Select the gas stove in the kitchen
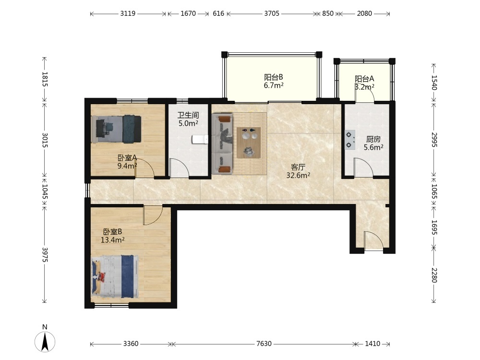coord(350,140)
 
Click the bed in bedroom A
coord(116,129)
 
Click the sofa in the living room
coord(222,144)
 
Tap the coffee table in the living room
coord(249,143)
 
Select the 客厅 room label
coord(298,167)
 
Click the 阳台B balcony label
coord(274,77)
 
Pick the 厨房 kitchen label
coord(373,139)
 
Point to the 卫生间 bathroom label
coord(188,115)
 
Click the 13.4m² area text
coord(112,240)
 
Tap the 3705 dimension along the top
coord(272,13)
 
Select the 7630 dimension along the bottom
coord(264,344)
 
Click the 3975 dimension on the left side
coord(45,255)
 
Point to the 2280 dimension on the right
coord(434,275)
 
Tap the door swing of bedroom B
coord(153,216)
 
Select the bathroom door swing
coord(179,168)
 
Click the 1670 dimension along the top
coord(188,13)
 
